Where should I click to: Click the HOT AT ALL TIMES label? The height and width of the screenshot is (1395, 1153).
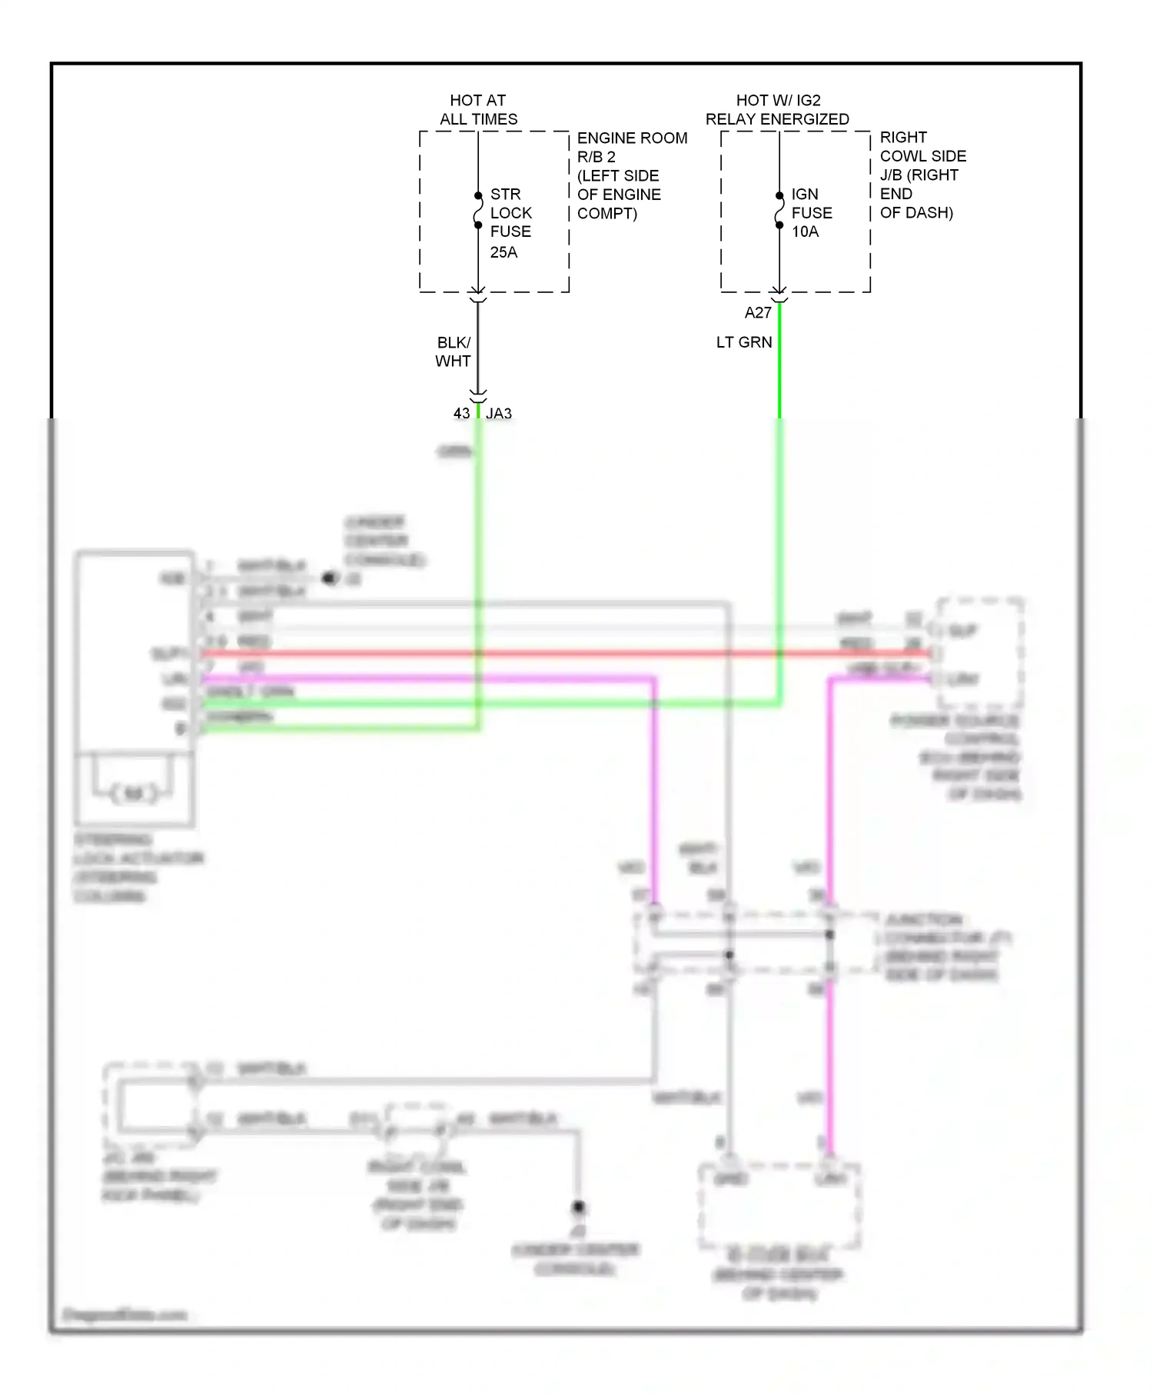click(478, 110)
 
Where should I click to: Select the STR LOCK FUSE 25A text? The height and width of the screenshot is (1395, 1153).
click(510, 222)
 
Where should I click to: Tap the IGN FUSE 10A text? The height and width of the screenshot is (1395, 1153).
click(811, 213)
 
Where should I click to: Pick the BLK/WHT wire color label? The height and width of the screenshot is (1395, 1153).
click(453, 351)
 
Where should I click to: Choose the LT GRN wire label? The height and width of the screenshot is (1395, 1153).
click(743, 342)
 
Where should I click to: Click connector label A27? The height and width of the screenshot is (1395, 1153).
click(757, 312)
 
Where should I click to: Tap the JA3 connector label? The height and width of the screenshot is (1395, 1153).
click(499, 414)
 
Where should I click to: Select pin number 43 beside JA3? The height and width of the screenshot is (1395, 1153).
click(461, 414)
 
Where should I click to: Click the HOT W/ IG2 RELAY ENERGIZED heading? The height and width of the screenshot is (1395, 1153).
click(777, 110)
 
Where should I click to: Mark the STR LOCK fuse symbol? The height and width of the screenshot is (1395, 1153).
click(477, 210)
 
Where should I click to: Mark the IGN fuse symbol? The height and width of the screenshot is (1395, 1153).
click(779, 210)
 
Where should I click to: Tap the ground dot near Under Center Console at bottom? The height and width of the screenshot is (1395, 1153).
click(578, 1207)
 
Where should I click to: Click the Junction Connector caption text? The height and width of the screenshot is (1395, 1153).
click(945, 947)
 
